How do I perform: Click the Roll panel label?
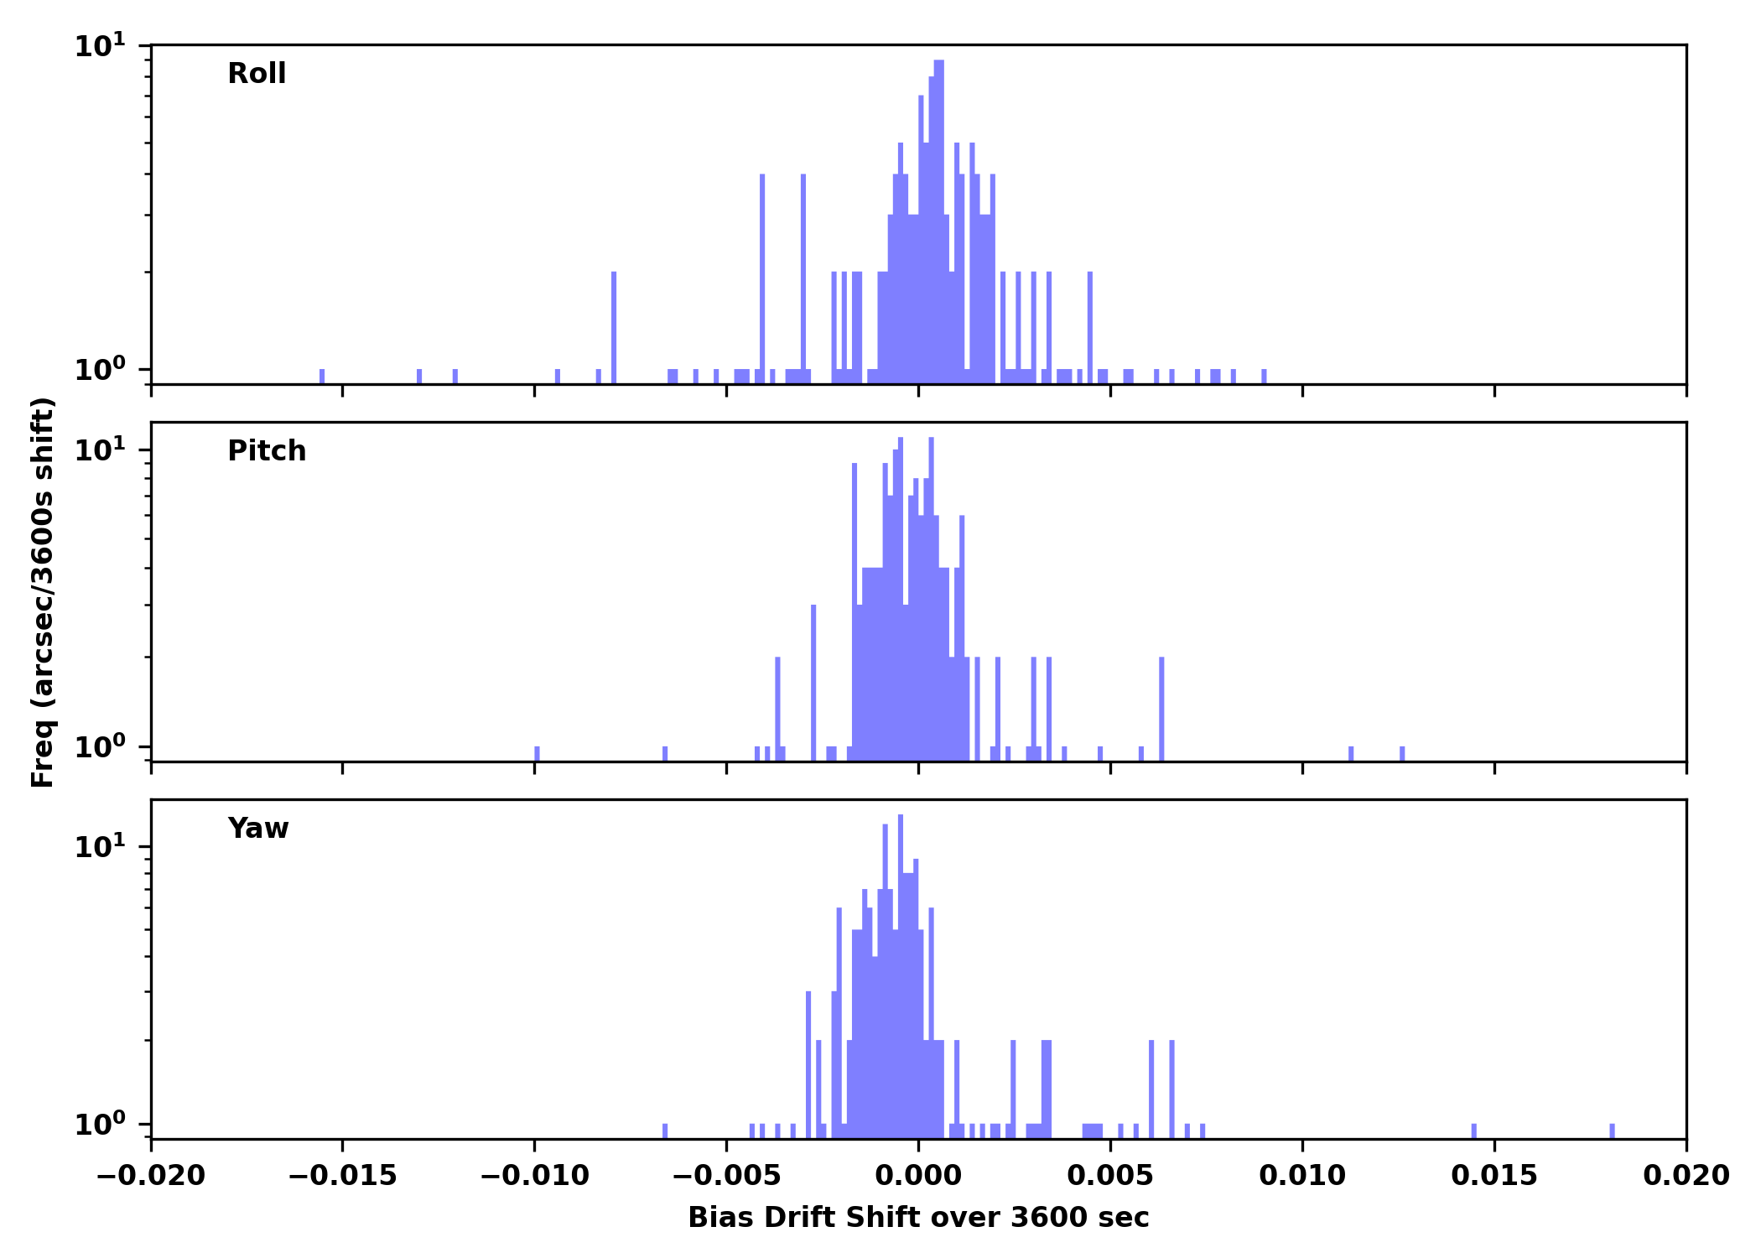[257, 74]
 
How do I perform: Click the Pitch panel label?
[267, 451]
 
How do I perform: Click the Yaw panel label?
[258, 829]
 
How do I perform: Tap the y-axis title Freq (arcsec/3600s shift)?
[42, 592]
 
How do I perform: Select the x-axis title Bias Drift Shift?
[918, 1218]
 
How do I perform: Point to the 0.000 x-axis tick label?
[918, 1176]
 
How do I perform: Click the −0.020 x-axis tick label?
[151, 1176]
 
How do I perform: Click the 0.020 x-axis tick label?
[1686, 1176]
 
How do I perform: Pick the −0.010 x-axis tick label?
[534, 1176]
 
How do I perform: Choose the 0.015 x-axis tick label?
[1494, 1176]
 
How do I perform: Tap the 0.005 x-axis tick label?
[1110, 1176]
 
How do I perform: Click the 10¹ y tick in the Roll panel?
[100, 45]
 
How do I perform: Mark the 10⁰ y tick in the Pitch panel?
[100, 746]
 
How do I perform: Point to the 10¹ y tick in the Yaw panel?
[100, 846]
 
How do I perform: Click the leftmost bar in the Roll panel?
[322, 377]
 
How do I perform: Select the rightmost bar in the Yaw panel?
[1612, 1131]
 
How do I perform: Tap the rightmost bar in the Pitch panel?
[1402, 753]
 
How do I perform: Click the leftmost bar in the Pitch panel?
[537, 753]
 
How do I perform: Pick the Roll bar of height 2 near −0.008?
[614, 327]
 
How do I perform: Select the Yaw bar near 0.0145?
[1473, 1131]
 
